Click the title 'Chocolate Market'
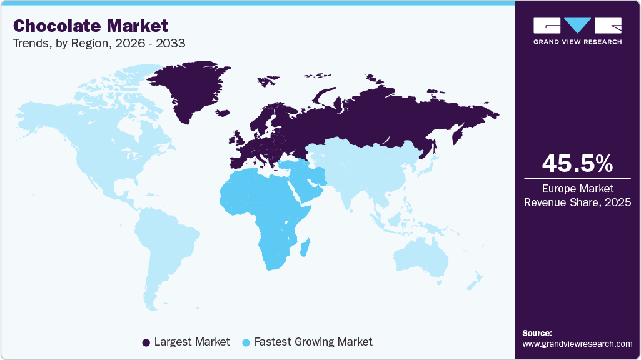(91, 26)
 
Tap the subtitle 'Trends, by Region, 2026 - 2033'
(99, 44)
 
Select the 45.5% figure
(577, 164)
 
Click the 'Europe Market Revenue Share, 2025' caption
(577, 195)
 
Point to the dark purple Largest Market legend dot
(146, 342)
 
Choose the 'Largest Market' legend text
(192, 342)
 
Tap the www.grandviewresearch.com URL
(577, 344)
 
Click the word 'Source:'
(537, 333)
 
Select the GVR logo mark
(577, 26)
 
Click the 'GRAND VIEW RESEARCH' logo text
(577, 42)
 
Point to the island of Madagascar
(305, 247)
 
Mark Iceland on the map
(222, 113)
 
